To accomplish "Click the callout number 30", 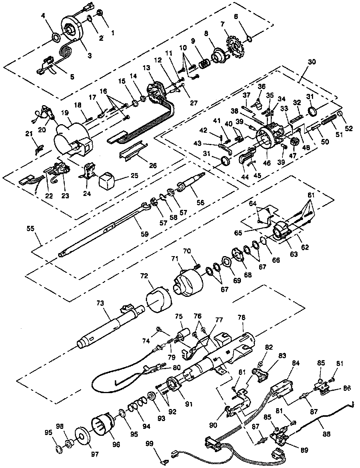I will point(311,62).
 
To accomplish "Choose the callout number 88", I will point(327,434).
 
